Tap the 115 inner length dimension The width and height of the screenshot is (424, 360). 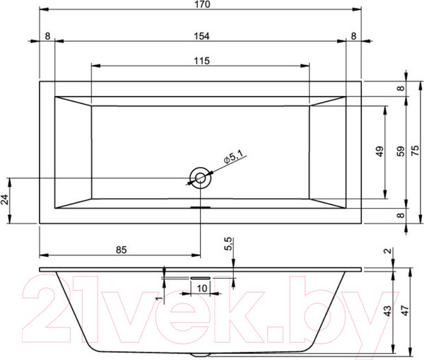pyautogui.click(x=200, y=61)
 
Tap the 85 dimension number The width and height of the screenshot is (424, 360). pyautogui.click(x=120, y=249)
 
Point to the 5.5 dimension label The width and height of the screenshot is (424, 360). pyautogui.click(x=228, y=245)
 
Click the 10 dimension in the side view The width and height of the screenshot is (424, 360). pyautogui.click(x=202, y=288)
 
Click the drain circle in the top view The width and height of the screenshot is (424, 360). pyautogui.click(x=200, y=178)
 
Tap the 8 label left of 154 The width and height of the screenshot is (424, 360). pyautogui.click(x=47, y=35)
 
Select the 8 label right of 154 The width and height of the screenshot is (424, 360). pyautogui.click(x=353, y=35)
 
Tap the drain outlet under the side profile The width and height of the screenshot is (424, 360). pyautogui.click(x=200, y=354)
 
